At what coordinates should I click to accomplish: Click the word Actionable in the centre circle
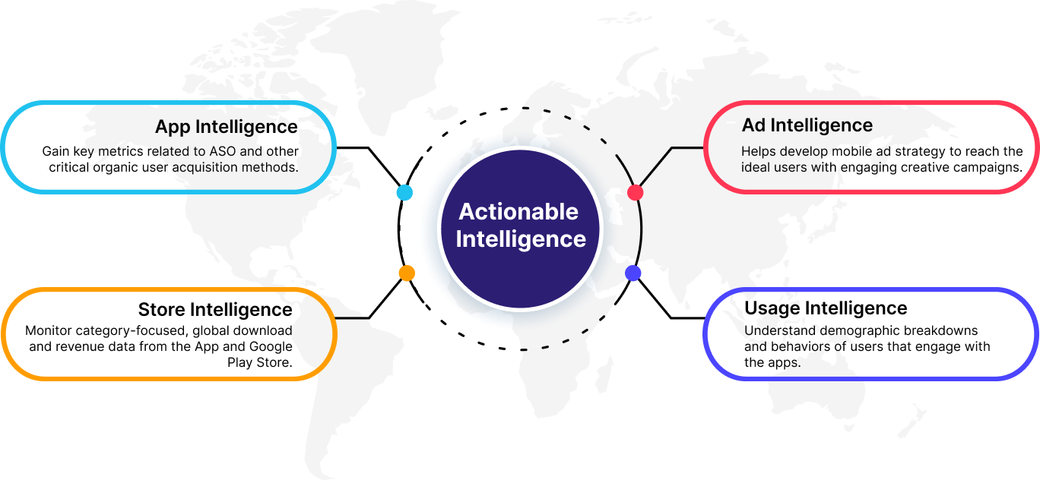518,211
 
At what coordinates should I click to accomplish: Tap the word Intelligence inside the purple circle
521,238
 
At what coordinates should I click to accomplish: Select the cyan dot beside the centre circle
404,192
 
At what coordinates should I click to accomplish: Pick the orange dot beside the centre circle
407,273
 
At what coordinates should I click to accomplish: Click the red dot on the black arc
636,193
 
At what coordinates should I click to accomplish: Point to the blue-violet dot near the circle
633,273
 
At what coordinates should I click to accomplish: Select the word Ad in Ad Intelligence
753,125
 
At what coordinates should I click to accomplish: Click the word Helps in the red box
757,151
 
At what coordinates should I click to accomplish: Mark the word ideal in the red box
754,167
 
